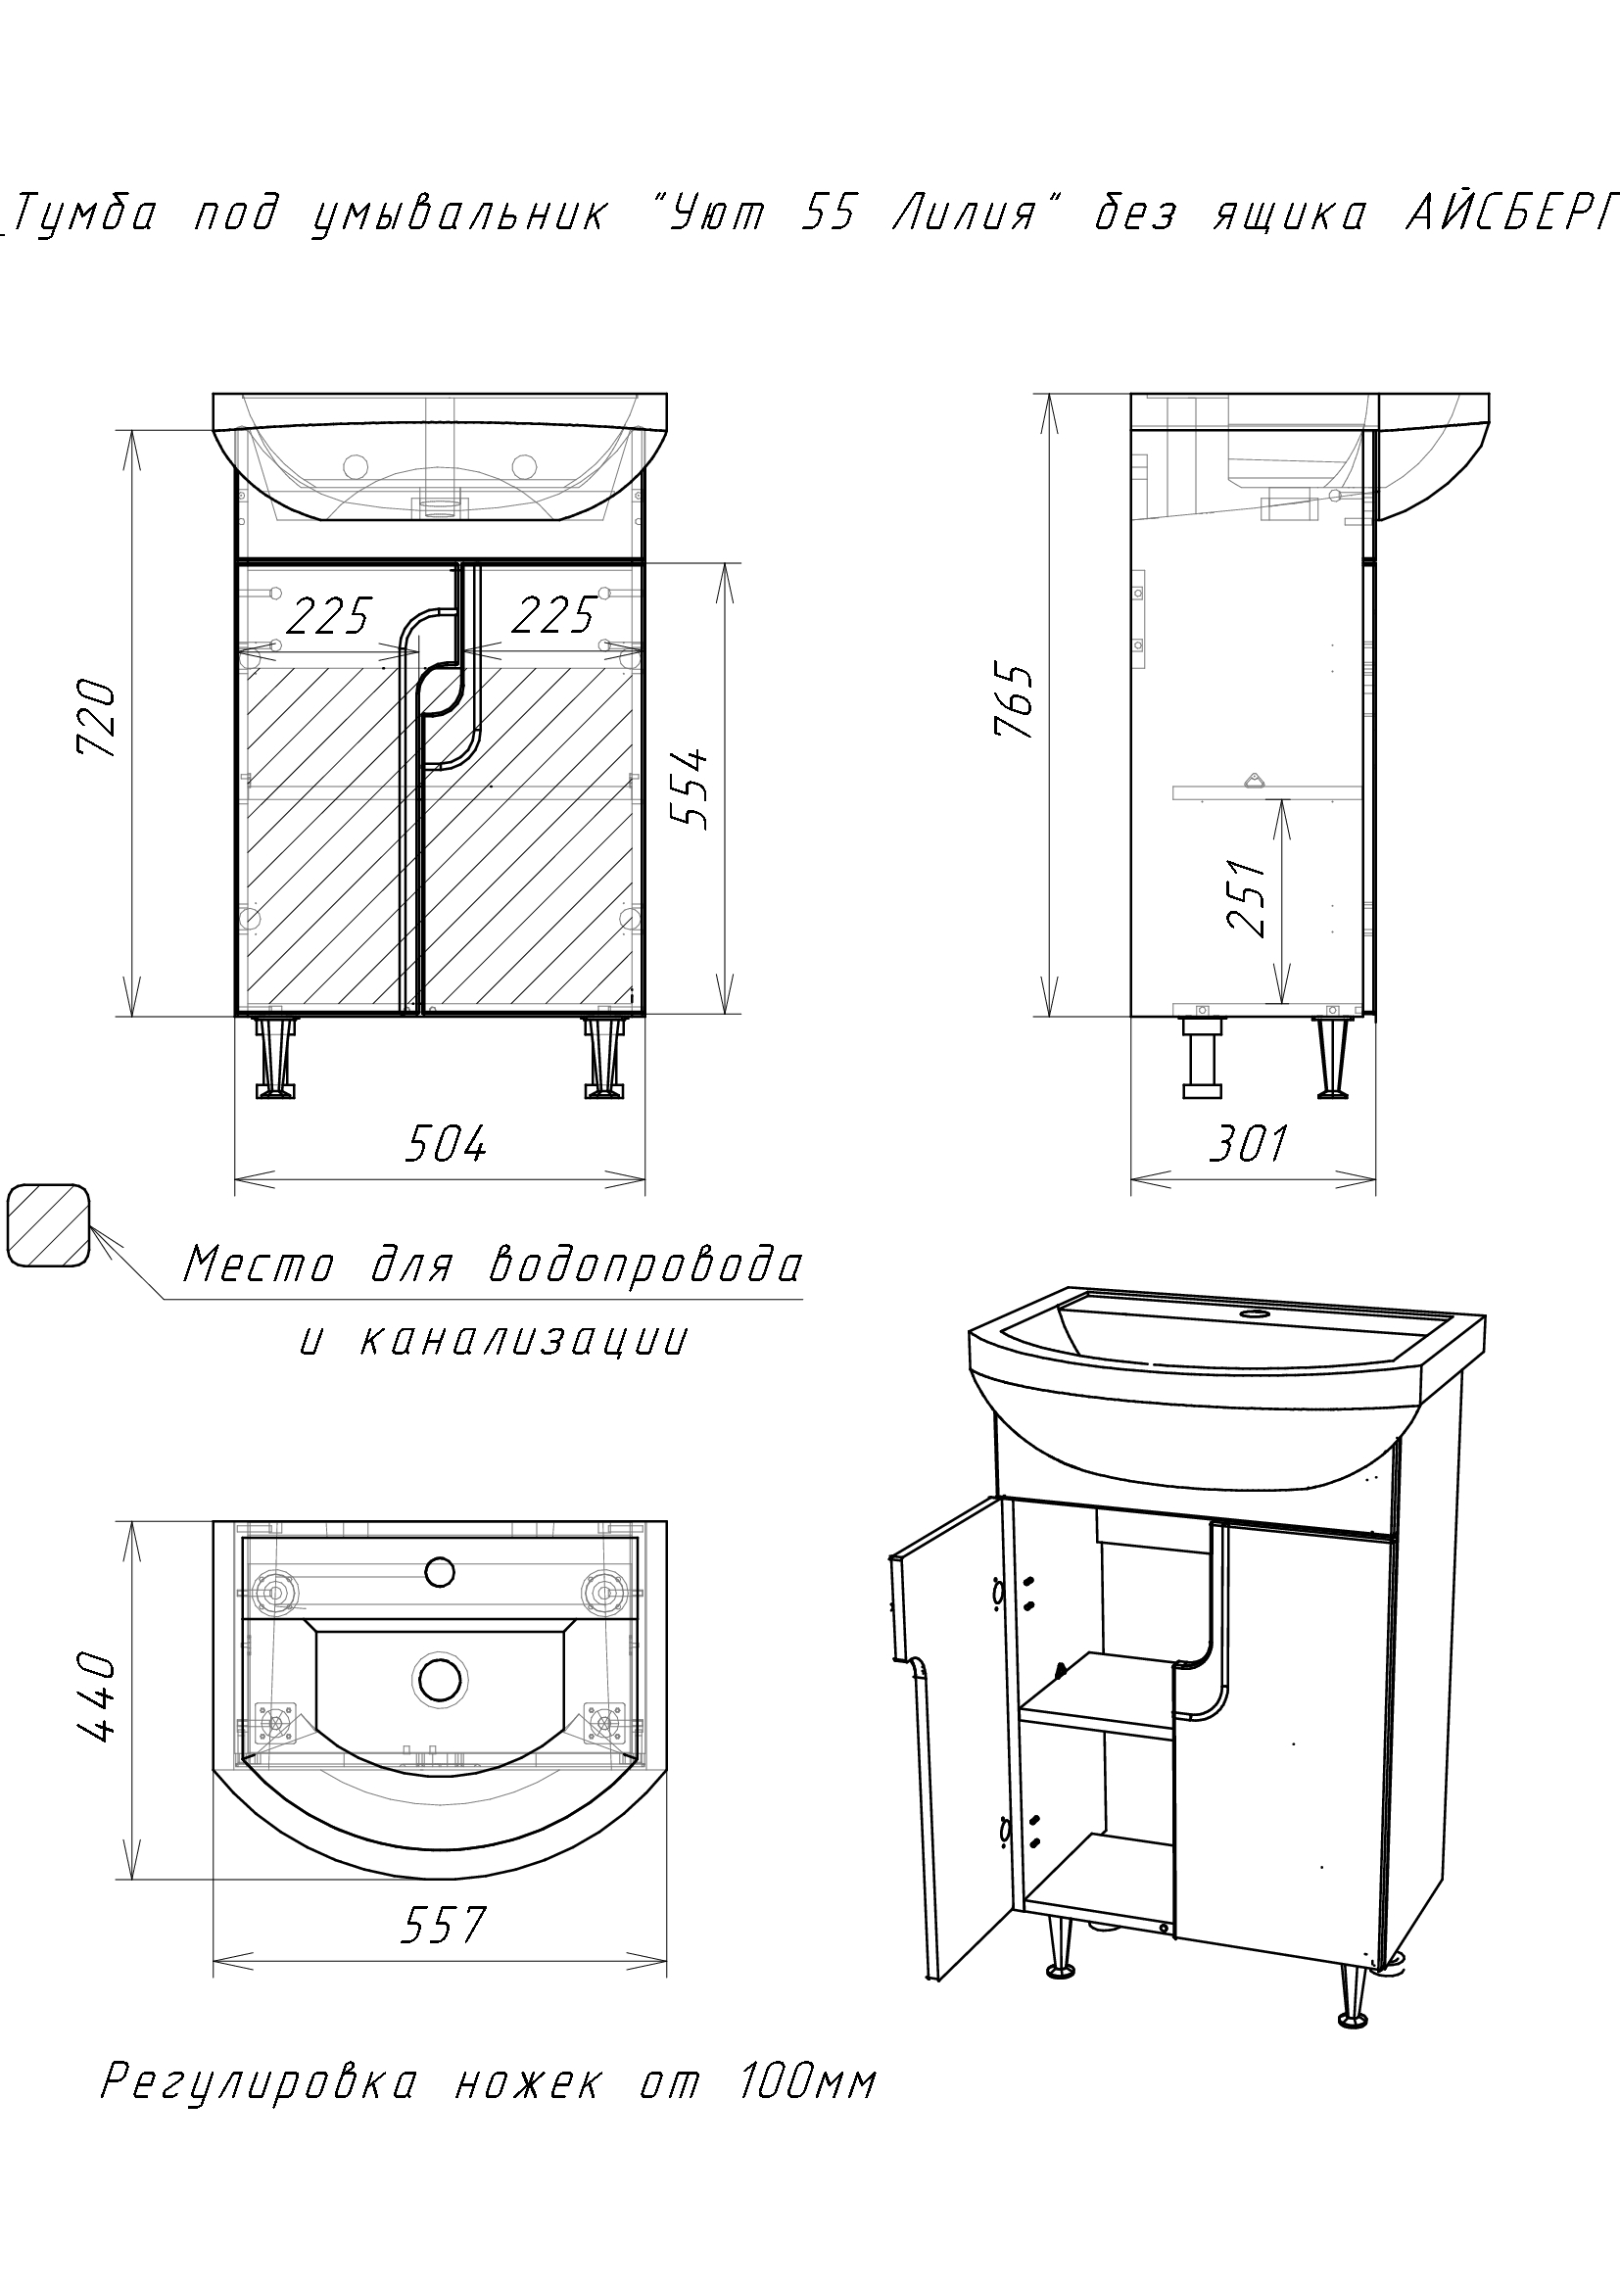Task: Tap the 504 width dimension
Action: (445, 1144)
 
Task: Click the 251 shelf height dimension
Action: (1247, 897)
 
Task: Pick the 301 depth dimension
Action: (1249, 1144)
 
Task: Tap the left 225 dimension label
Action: (329, 616)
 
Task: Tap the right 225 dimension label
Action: (553, 616)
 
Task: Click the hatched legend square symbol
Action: (48, 1225)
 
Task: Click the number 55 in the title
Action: (830, 215)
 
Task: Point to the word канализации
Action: (523, 1340)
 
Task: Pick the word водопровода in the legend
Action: (646, 1266)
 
